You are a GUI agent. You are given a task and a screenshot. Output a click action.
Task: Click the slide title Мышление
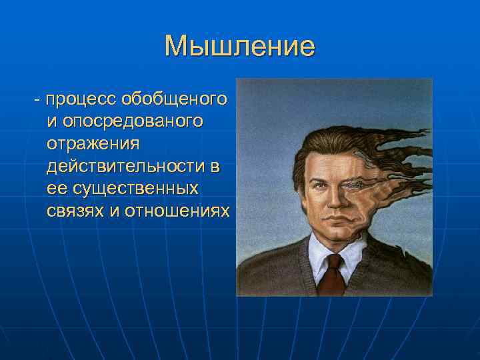click(239, 47)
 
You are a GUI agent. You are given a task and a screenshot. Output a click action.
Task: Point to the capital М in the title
click(177, 47)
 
